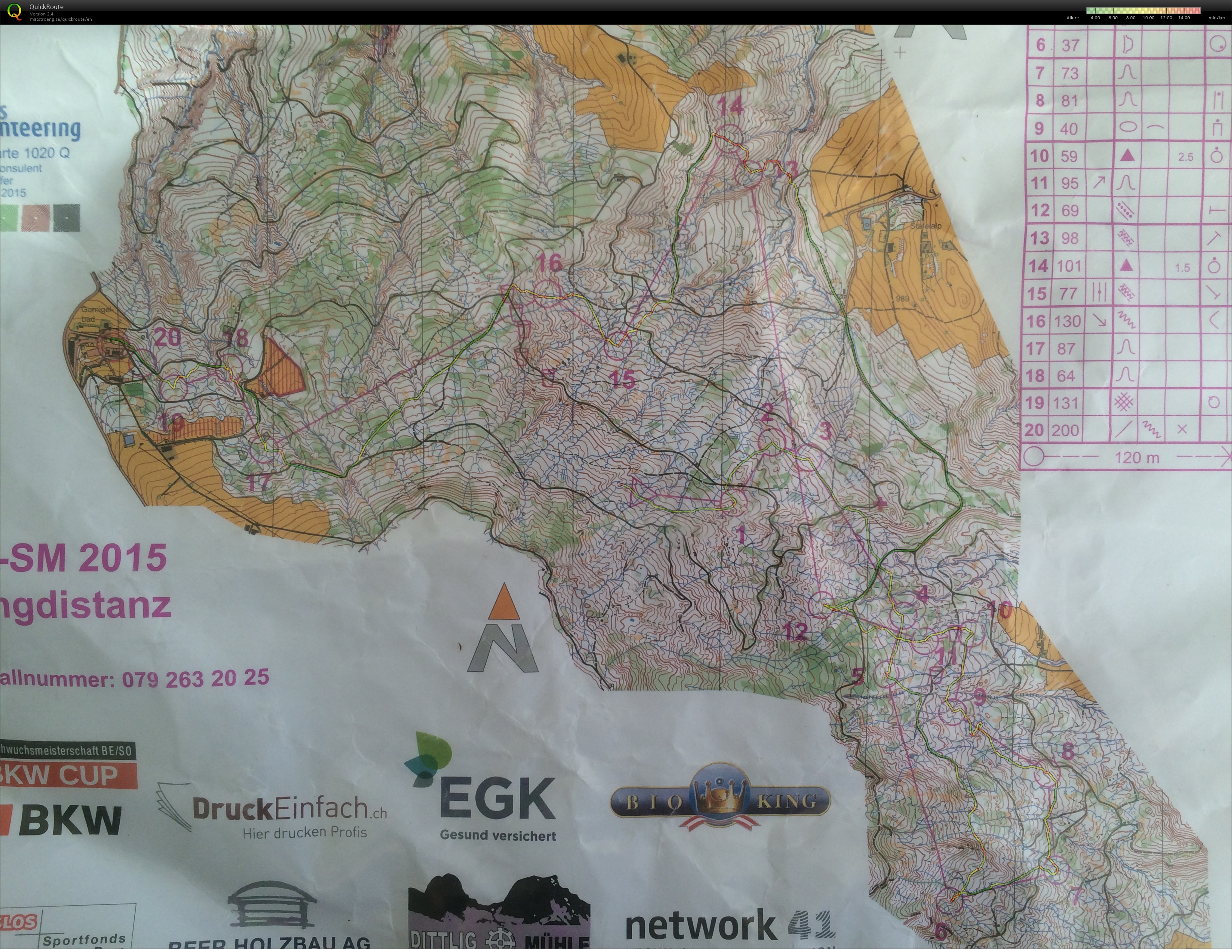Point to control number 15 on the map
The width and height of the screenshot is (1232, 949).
622,378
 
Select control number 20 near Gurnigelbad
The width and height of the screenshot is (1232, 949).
167,337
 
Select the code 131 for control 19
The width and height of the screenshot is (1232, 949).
1065,403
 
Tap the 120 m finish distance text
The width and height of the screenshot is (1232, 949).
1137,457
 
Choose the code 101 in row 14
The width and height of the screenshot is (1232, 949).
1068,266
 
